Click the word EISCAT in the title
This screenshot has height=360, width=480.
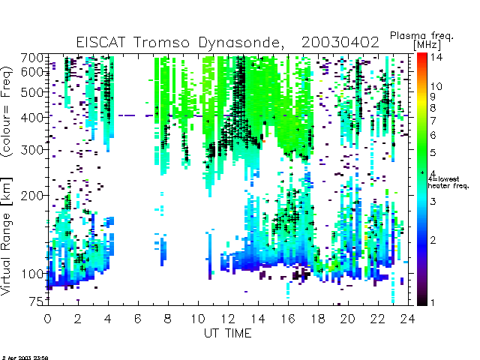click(x=100, y=42)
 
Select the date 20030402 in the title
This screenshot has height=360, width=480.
click(x=340, y=42)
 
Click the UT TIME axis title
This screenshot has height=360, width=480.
click(x=228, y=333)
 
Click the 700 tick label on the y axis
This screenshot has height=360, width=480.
click(x=32, y=58)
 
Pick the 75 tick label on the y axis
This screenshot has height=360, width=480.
click(x=37, y=301)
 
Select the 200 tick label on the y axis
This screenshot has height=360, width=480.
click(x=32, y=195)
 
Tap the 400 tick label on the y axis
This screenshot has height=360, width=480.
click(x=32, y=117)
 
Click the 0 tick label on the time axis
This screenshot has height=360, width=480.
click(x=47, y=319)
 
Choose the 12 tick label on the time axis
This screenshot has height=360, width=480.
click(x=228, y=319)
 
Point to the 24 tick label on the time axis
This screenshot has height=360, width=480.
click(x=408, y=319)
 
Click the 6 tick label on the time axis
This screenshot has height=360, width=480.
click(x=138, y=319)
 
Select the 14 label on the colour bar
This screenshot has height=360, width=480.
click(x=436, y=57)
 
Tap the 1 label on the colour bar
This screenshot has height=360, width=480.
click(x=432, y=302)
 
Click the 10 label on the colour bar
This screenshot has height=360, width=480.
click(x=436, y=86)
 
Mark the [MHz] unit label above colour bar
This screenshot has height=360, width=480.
click(x=427, y=45)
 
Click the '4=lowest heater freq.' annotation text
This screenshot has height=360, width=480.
click(x=448, y=182)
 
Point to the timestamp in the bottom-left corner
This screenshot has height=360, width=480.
click(x=25, y=358)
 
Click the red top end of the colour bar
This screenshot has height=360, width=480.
click(x=421, y=55)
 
